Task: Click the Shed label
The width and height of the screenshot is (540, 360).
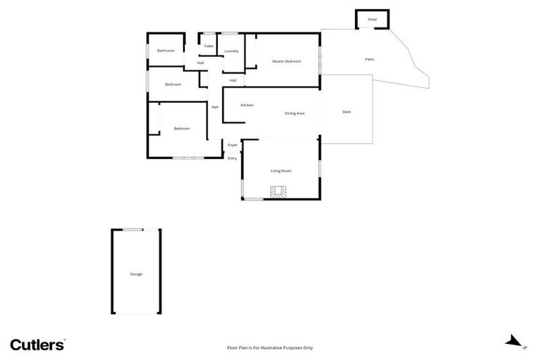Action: (x=372, y=20)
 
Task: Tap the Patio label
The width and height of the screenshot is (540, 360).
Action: (x=369, y=59)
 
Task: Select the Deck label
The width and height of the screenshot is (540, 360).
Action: (x=346, y=112)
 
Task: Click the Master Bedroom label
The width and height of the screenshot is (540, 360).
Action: (x=286, y=62)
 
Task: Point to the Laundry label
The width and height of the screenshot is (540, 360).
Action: (x=231, y=51)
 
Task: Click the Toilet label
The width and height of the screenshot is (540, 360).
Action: (x=208, y=46)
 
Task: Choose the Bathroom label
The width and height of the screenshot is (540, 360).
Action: (x=166, y=51)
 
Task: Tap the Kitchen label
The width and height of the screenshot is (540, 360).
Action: (x=247, y=105)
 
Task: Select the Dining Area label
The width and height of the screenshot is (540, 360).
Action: (x=294, y=113)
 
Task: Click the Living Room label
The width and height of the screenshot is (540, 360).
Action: (x=281, y=171)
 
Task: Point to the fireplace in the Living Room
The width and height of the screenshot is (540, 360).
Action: (x=279, y=191)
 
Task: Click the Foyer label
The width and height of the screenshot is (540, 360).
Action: (x=232, y=145)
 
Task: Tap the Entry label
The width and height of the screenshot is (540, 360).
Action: (x=232, y=158)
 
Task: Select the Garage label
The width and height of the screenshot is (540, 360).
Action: (x=136, y=274)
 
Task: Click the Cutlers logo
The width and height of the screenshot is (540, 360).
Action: (x=37, y=344)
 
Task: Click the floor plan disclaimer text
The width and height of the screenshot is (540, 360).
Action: (x=269, y=347)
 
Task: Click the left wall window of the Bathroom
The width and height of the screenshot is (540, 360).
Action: (x=147, y=51)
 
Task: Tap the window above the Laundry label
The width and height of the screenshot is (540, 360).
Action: (x=231, y=33)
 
